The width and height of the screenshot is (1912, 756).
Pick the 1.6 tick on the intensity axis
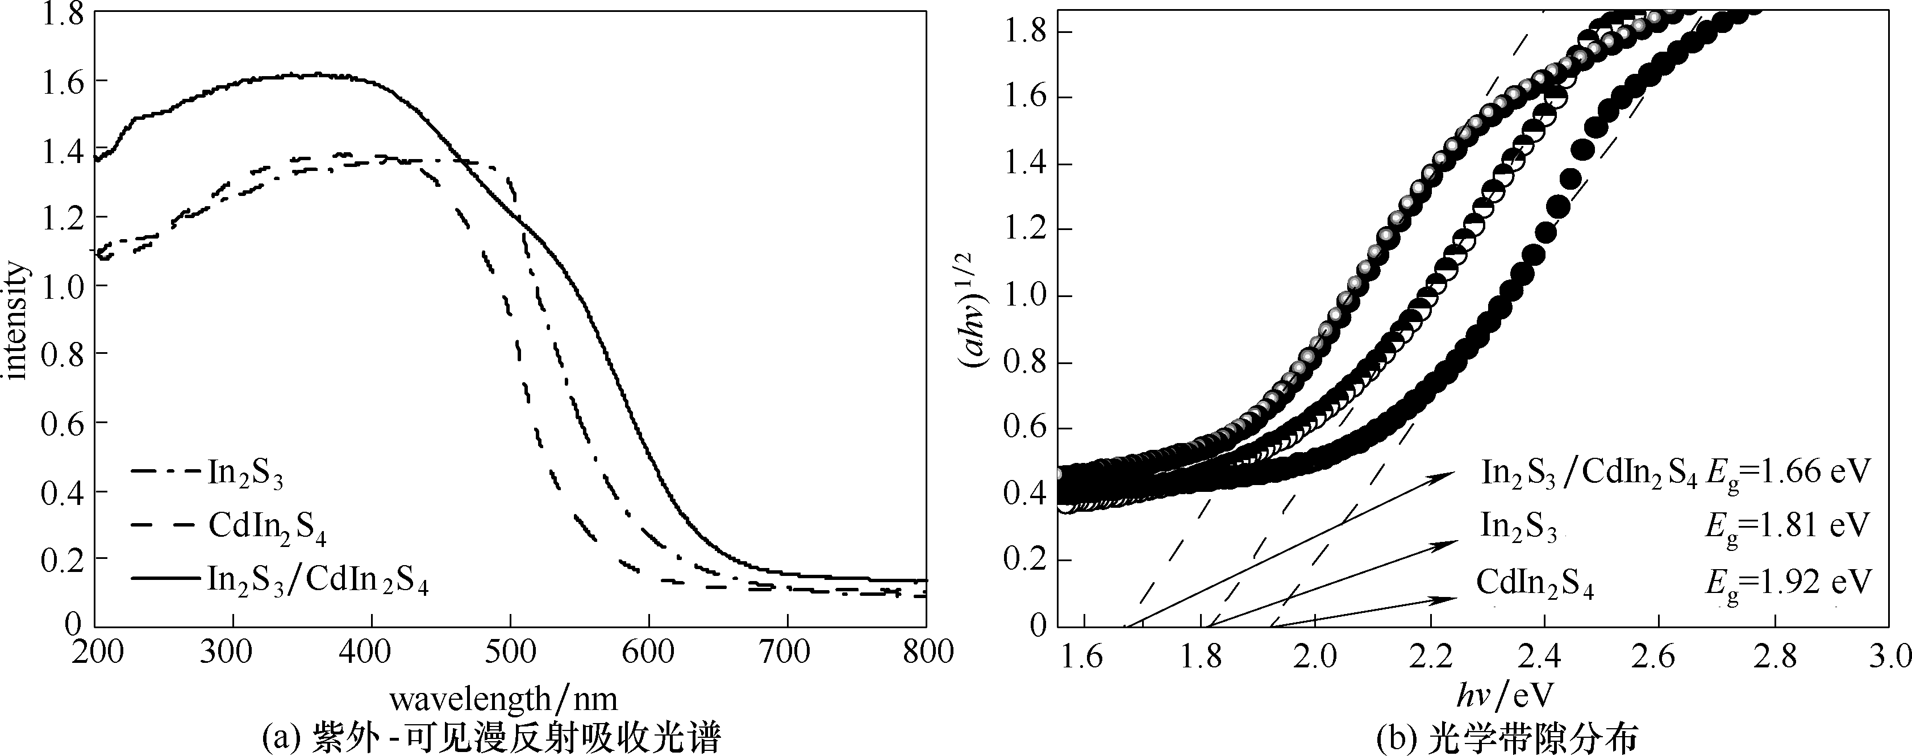coord(61,80)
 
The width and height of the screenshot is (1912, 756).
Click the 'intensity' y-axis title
coord(16,320)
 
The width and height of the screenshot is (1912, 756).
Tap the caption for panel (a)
coord(491,738)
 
